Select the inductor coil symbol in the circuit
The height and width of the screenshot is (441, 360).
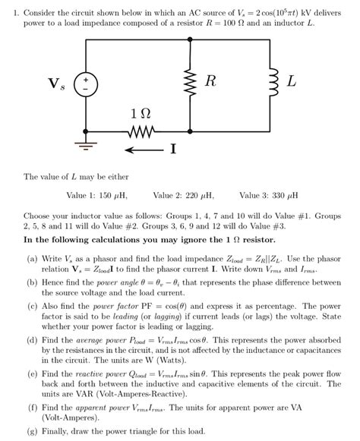pos(265,81)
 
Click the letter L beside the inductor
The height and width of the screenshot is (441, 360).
pos(292,80)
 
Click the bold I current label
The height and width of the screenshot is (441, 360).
pos(173,149)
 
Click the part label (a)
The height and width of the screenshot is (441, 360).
pos(32,258)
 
